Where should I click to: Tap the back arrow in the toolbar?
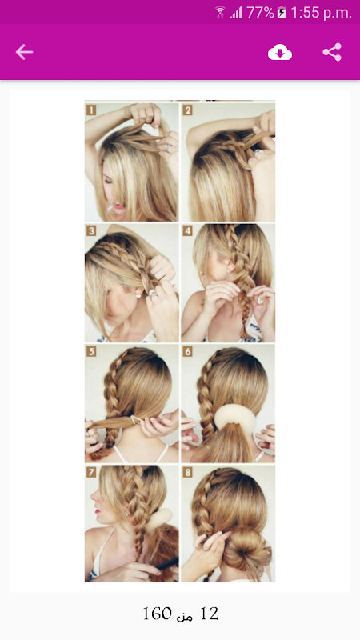click(24, 52)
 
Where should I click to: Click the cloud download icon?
click(280, 52)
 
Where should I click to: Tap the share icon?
click(332, 52)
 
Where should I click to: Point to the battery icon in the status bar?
click(282, 13)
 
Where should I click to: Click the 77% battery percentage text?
click(260, 13)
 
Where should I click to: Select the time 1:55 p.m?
click(322, 13)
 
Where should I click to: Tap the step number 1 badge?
click(91, 110)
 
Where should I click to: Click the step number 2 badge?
click(187, 110)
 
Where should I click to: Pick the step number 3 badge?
click(91, 231)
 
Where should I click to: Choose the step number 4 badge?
click(187, 231)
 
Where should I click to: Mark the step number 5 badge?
click(91, 351)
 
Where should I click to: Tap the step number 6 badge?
click(187, 351)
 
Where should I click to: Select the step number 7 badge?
click(91, 473)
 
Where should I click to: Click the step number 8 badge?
click(187, 473)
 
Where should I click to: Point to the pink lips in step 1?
click(118, 206)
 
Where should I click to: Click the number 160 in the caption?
click(158, 614)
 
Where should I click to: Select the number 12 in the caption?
click(210, 614)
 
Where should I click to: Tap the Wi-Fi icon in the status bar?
click(221, 12)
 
